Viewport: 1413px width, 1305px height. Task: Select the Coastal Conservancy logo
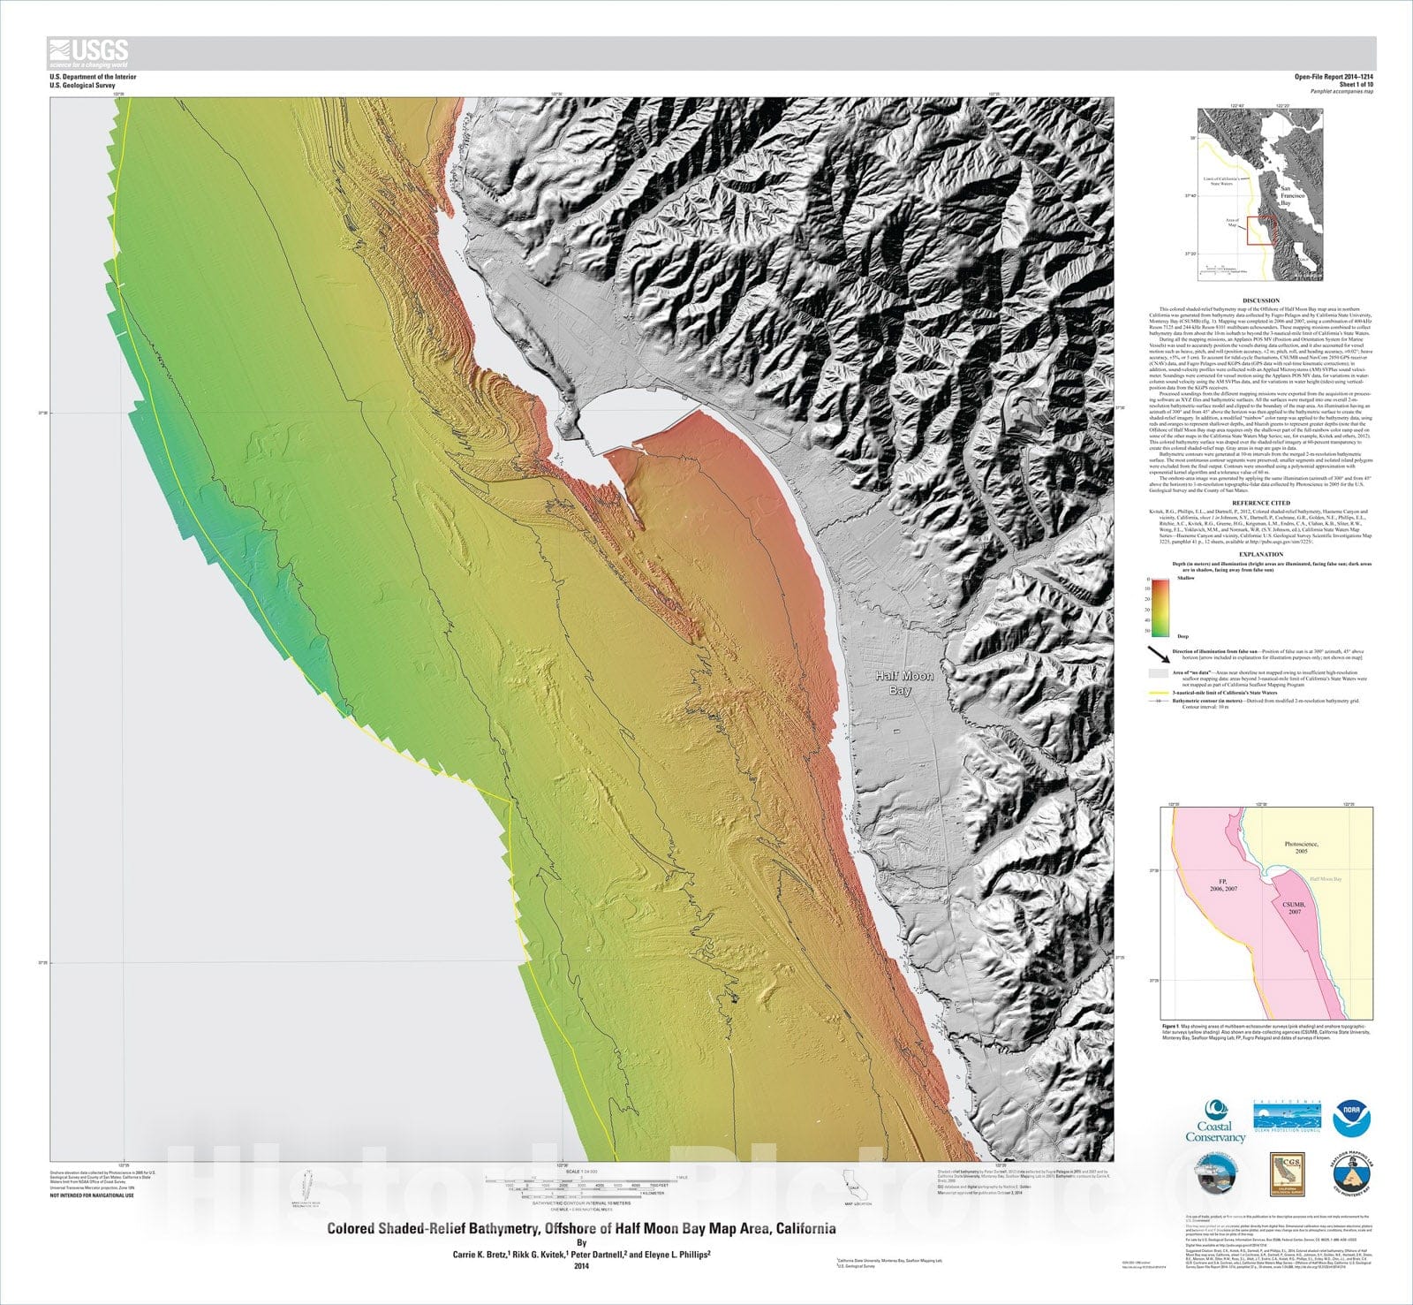point(1215,1120)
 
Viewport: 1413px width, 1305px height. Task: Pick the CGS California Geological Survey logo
point(1287,1174)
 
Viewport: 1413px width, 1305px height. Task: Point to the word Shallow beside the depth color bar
point(1185,578)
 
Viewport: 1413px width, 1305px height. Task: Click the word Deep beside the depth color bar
point(1183,635)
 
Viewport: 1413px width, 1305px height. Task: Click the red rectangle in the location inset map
point(1258,229)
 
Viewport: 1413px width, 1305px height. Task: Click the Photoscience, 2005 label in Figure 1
point(1301,847)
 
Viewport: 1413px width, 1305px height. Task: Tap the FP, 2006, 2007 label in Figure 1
point(1223,886)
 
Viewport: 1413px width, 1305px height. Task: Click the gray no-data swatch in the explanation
point(1158,673)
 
